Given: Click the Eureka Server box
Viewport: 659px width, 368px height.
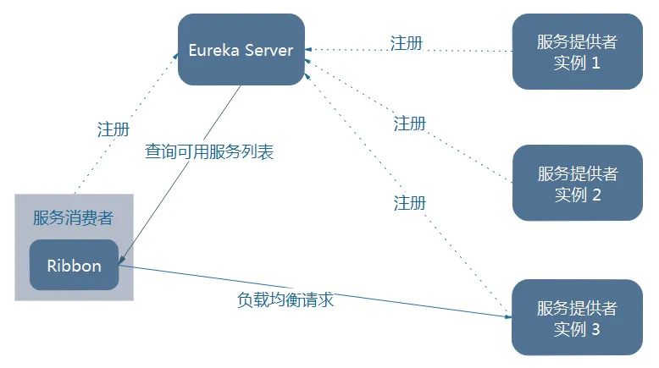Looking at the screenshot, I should [x=241, y=49].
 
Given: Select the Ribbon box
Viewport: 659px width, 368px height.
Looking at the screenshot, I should [x=74, y=265].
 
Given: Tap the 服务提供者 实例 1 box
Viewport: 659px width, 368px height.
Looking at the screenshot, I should [x=577, y=52].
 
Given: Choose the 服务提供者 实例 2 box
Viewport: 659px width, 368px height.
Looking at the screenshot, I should [x=577, y=184].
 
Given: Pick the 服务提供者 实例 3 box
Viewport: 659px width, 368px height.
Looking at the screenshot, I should [x=577, y=316].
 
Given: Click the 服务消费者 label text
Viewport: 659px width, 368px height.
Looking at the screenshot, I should [x=73, y=217].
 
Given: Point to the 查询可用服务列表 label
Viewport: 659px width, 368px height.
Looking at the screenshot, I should [x=209, y=152].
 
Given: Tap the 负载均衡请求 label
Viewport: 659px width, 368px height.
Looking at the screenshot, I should [x=285, y=299].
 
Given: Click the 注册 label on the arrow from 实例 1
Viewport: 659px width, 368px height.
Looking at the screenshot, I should [x=407, y=42].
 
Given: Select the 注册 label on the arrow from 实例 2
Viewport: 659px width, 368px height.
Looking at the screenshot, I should [x=410, y=124].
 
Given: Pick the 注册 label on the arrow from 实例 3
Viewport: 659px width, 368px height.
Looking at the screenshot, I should [x=410, y=203].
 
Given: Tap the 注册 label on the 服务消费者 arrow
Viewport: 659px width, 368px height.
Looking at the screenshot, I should [x=114, y=129].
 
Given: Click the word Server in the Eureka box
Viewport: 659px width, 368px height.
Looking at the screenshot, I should [x=269, y=49].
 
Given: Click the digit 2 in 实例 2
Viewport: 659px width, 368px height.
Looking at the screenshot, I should [x=596, y=195].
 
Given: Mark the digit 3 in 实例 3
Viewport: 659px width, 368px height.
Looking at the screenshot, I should [x=595, y=329].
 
